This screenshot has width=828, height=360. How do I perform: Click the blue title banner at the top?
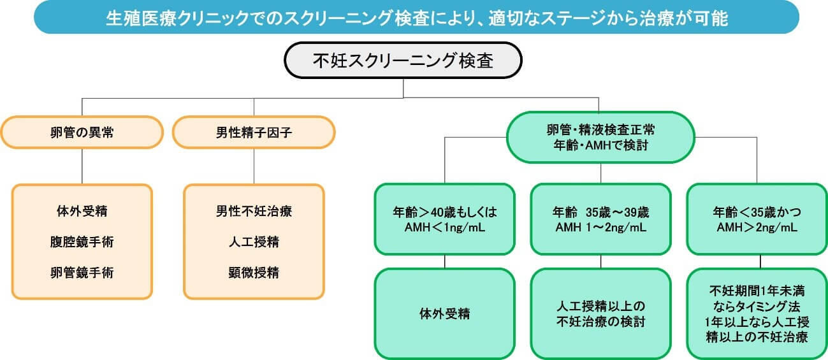(x=416, y=17)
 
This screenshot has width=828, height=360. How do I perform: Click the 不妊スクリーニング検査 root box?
(x=403, y=61)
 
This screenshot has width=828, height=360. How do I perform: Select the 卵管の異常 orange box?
(x=82, y=133)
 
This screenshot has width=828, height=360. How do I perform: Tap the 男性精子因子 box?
(x=254, y=133)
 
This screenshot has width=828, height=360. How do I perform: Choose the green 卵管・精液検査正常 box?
(x=600, y=138)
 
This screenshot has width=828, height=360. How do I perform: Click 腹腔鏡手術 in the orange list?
(x=82, y=241)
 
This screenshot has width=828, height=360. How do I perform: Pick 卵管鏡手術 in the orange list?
(x=82, y=273)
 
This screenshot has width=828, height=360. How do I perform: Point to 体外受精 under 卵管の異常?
(x=82, y=211)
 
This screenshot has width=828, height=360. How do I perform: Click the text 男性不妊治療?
(x=254, y=211)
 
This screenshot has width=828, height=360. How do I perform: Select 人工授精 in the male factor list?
(x=254, y=241)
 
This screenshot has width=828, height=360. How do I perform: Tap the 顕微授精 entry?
(x=254, y=273)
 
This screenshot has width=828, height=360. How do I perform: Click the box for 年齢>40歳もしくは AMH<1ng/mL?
(x=445, y=219)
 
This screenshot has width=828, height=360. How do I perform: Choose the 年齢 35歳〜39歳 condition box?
(x=600, y=219)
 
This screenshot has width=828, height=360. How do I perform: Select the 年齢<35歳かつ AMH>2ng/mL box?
(x=757, y=219)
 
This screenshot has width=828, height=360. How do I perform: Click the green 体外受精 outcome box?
(x=445, y=313)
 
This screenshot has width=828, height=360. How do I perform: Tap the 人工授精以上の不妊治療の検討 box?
(x=600, y=313)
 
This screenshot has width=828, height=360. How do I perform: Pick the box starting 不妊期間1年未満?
(x=757, y=313)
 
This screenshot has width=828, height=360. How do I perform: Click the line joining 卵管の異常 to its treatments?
(x=82, y=166)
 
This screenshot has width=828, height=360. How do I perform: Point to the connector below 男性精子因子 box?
(x=254, y=166)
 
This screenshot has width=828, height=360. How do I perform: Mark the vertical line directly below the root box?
(x=403, y=88)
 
